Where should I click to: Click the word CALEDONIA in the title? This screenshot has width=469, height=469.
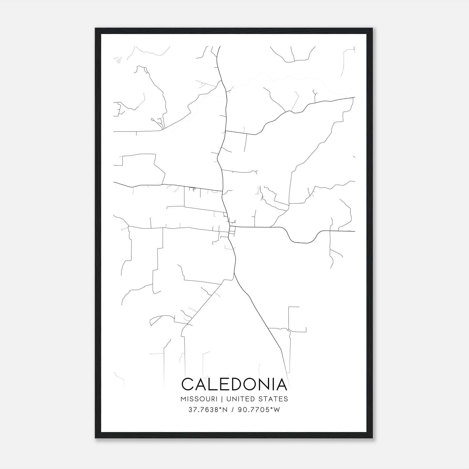tap(234, 384)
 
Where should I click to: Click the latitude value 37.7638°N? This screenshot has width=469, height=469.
tap(208, 410)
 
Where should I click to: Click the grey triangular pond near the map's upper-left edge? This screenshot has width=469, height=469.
tap(118, 60)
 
